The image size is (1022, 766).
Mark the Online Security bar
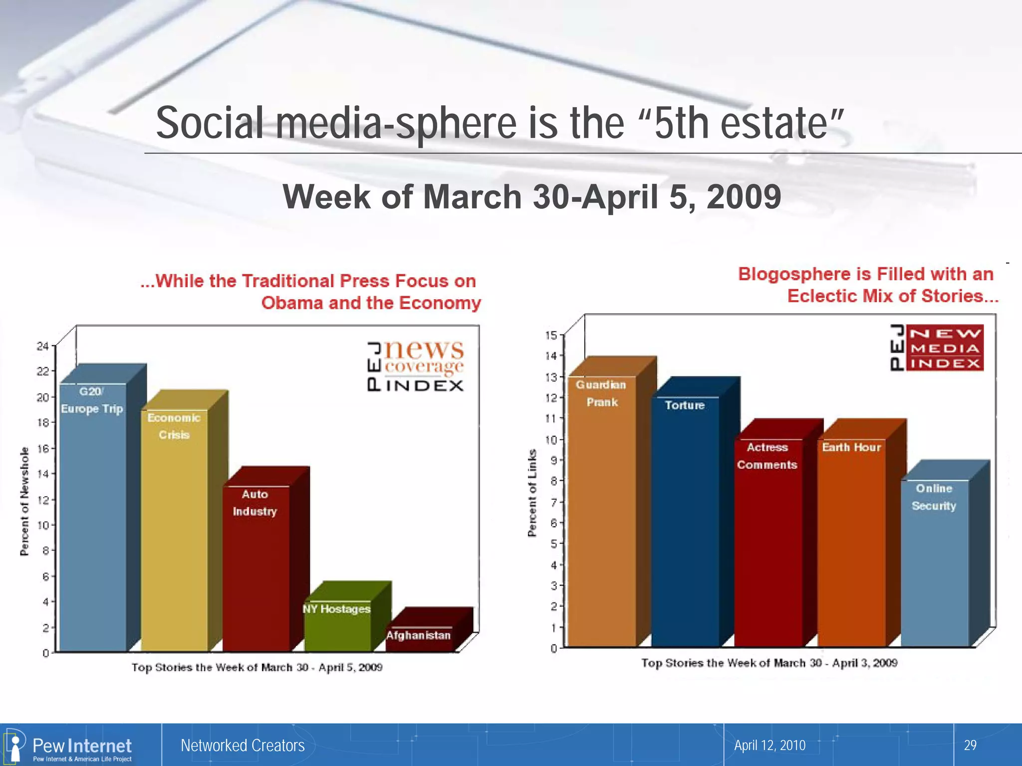[935, 564]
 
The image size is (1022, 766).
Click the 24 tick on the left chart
[42, 346]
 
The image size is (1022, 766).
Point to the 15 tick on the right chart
[551, 335]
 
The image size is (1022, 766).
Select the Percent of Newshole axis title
[24, 501]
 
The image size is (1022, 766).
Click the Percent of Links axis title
[532, 493]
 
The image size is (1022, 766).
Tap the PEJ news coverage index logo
[416, 366]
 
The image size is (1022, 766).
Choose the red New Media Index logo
[937, 348]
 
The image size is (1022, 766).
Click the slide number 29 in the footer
[970, 745]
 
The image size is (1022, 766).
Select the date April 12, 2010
[769, 745]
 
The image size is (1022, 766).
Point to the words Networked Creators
[243, 745]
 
